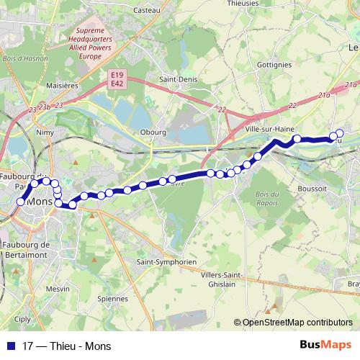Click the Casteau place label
[145, 10]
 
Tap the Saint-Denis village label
[174, 80]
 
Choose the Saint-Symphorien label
[166, 262]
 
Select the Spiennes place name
[112, 298]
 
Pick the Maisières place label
[62, 85]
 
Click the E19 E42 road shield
[118, 78]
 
